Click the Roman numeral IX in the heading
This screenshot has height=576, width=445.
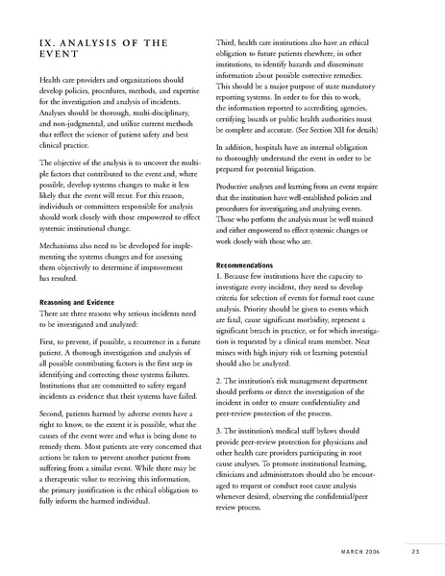(x=47, y=41)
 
